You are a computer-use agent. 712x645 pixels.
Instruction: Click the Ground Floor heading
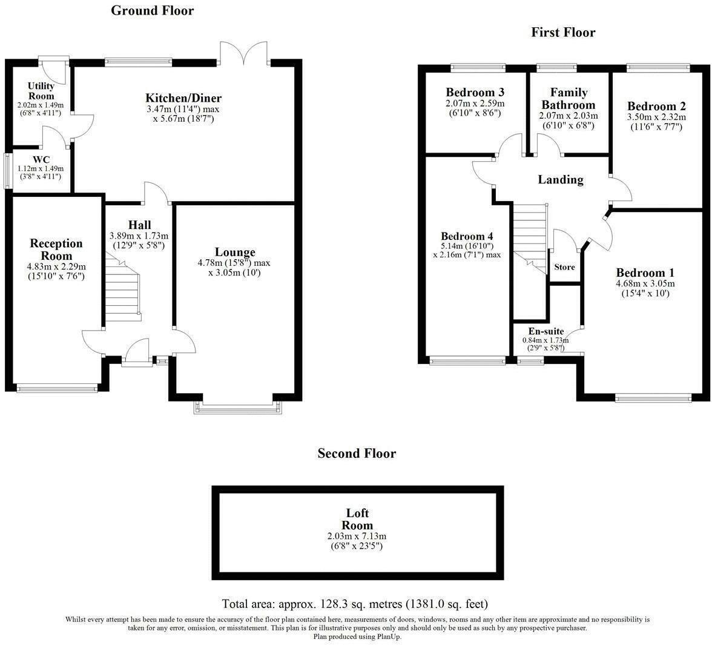point(152,10)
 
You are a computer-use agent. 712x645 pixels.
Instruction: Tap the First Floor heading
point(563,32)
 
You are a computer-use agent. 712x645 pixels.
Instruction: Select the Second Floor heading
point(357,453)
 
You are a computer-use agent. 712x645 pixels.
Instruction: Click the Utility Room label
point(41,91)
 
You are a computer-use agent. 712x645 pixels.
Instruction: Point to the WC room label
point(41,160)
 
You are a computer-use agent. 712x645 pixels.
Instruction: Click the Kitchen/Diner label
point(183,98)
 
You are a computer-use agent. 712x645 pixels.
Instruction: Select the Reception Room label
point(56,250)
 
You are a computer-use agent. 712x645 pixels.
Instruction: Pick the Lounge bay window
point(237,408)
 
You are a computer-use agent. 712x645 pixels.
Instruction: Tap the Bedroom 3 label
point(475,93)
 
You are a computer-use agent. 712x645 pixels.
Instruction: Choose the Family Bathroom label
point(569,98)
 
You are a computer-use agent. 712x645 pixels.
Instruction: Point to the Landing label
point(560,179)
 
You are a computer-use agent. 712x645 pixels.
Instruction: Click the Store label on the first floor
point(564,267)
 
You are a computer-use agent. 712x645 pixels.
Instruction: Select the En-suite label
point(546,331)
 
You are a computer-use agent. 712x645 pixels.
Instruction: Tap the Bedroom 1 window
point(652,397)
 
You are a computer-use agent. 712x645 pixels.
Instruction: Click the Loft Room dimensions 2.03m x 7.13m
point(357,536)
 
